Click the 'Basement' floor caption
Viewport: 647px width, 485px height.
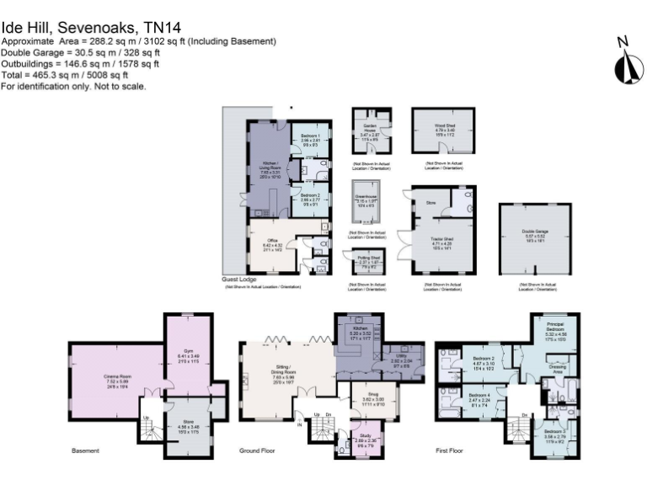85,451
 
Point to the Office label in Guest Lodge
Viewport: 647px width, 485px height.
272,241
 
